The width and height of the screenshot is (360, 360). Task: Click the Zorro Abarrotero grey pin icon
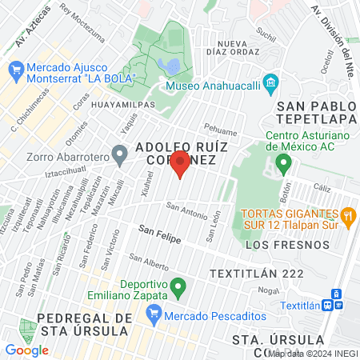point(120,152)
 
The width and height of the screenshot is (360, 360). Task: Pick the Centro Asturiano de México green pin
point(282,165)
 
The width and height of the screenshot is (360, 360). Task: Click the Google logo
point(26,350)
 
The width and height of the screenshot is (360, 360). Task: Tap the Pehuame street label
point(221,130)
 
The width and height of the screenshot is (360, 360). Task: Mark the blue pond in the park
point(169,64)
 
